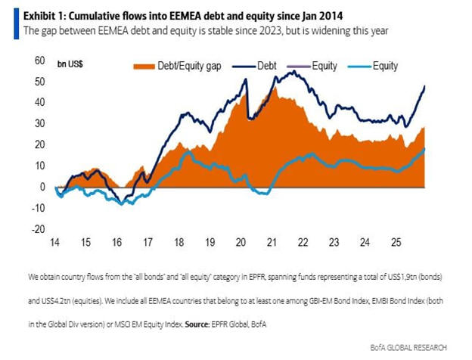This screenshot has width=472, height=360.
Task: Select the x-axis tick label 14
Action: [x=55, y=244]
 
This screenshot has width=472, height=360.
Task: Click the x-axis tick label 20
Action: [x=241, y=244]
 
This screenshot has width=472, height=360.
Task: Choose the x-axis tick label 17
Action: [x=148, y=244]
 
